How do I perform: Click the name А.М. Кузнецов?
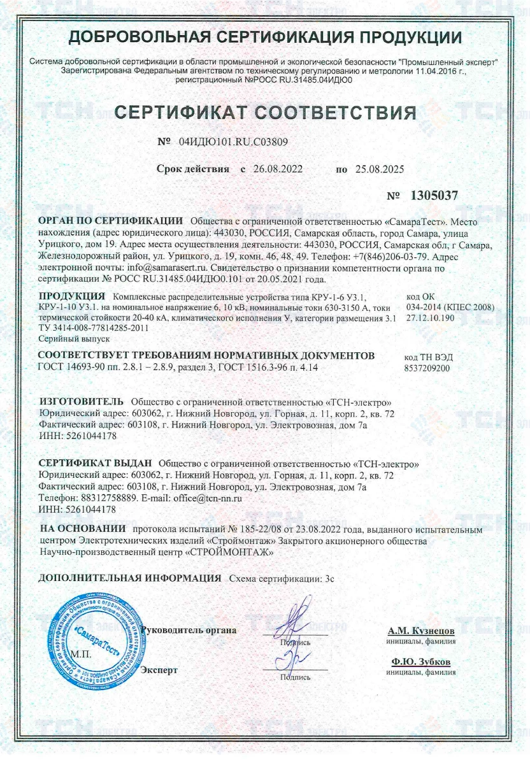[x=421, y=631]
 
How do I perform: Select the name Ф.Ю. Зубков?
[x=422, y=662]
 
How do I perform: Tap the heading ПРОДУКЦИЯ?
[x=71, y=297]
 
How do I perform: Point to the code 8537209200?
[x=427, y=368]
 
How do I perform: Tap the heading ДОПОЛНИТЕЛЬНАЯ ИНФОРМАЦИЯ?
[x=129, y=578]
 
